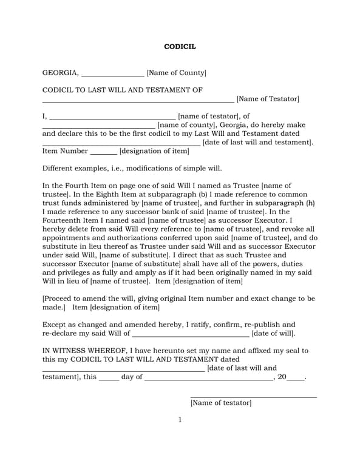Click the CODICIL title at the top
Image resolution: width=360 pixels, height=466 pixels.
coord(180,47)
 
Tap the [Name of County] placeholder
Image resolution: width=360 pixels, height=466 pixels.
coord(177,73)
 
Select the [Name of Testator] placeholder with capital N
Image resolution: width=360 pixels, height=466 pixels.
coord(268,99)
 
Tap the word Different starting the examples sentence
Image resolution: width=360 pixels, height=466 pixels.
coord(59,168)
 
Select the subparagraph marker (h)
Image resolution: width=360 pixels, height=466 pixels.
coord(310,203)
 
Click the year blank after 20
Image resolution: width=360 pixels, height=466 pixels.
coord(295,378)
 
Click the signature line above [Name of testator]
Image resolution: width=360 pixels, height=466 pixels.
coord(253,397)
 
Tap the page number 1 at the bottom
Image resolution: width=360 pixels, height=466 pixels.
coord(180,420)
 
